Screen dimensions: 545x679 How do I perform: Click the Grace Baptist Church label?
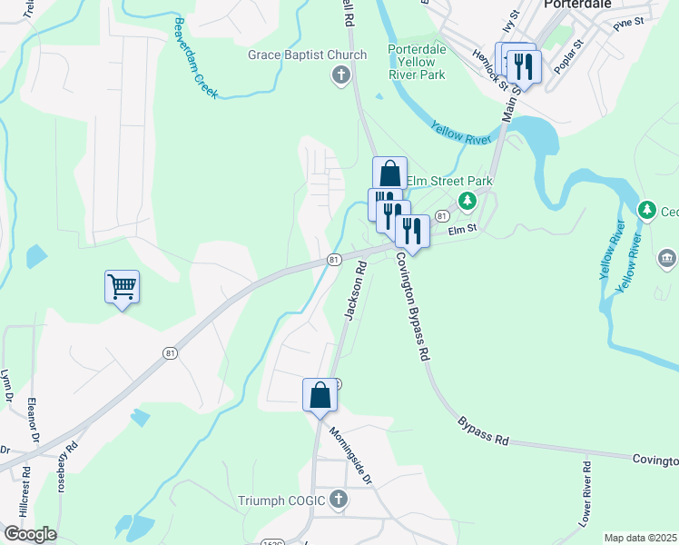tap(308, 55)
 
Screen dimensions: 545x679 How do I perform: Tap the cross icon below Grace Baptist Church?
tap(341, 74)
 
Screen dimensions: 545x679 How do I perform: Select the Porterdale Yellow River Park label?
tap(417, 62)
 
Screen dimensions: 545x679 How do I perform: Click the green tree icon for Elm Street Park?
tap(467, 200)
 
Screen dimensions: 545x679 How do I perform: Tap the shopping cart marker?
tap(122, 288)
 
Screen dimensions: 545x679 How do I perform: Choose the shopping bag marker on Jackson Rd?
tap(320, 395)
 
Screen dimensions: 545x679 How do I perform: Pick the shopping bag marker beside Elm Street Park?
tap(389, 173)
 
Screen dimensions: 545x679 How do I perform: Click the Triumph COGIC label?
tap(281, 500)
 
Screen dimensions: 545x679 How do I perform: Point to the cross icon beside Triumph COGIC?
tap(339, 499)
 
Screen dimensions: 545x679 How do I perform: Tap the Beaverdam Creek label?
tap(193, 58)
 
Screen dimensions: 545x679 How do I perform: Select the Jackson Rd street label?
tap(353, 290)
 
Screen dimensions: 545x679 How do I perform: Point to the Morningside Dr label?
tap(350, 455)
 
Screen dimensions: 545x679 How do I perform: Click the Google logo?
tap(29, 534)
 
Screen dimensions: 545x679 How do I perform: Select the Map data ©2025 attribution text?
tap(639, 538)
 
